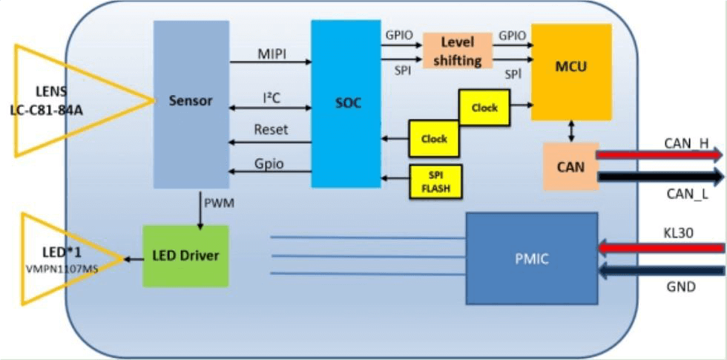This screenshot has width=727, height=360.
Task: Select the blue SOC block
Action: [346, 103]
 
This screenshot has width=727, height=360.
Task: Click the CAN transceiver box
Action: [570, 166]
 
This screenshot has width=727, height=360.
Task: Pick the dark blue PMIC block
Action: [531, 258]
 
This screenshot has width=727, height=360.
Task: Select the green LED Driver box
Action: [185, 256]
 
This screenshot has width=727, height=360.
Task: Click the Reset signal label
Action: [271, 130]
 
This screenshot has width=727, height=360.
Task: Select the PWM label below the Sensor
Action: [219, 202]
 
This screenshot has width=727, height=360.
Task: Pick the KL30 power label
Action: [679, 232]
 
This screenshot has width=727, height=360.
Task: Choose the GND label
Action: [680, 286]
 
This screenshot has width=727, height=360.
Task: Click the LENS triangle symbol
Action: [67, 100]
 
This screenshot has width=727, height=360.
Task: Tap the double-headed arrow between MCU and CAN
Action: [570, 131]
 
